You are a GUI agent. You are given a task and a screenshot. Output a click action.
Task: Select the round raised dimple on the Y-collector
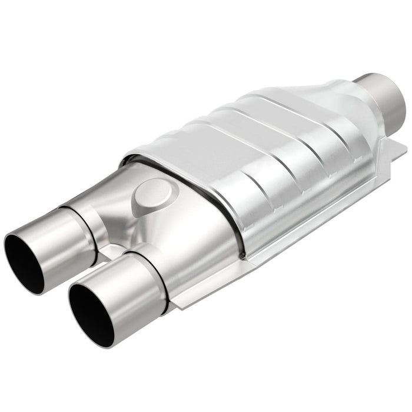click(x=154, y=197)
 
